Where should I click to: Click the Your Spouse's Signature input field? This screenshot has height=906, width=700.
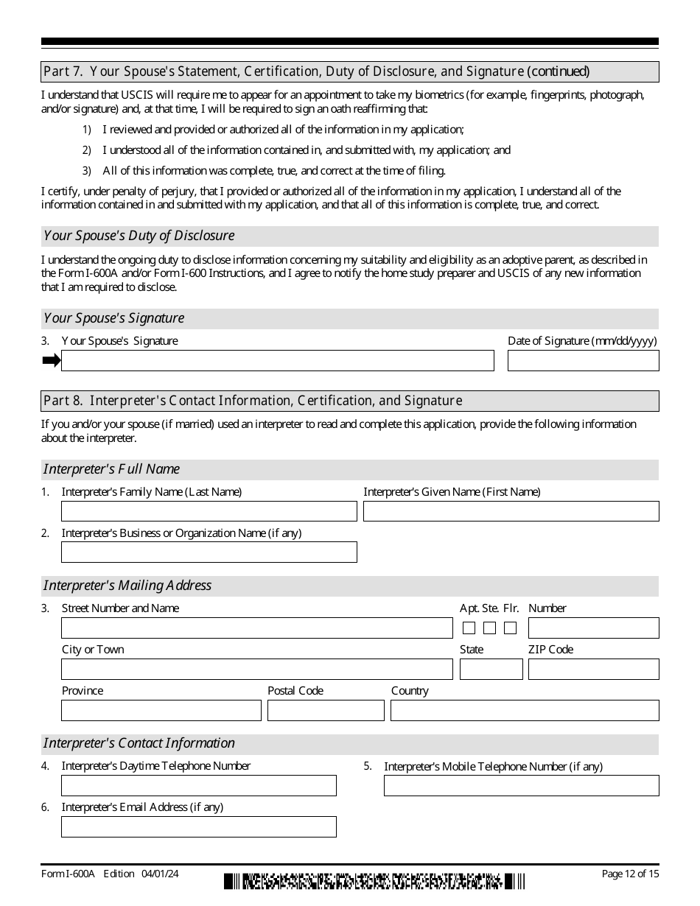pyautogui.click(x=277, y=360)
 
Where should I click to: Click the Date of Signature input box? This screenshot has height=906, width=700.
pyautogui.click(x=583, y=360)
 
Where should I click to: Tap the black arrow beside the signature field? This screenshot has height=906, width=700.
pyautogui.click(x=51, y=360)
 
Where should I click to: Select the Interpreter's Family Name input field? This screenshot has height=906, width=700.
pyautogui.click(x=209, y=511)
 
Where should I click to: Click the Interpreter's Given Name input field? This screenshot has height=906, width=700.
pyautogui.click(x=511, y=511)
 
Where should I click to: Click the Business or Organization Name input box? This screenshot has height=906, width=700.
pyautogui.click(x=209, y=552)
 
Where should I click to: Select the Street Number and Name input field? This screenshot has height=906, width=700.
pyautogui.click(x=256, y=628)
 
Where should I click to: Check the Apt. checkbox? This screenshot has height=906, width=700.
pyautogui.click(x=469, y=628)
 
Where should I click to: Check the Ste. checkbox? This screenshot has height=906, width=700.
pyautogui.click(x=489, y=628)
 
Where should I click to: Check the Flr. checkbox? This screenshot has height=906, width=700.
pyautogui.click(x=510, y=628)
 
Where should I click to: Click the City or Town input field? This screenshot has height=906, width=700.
pyautogui.click(x=256, y=669)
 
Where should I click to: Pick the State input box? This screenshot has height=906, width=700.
pyautogui.click(x=491, y=669)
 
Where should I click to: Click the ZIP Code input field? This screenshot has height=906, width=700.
pyautogui.click(x=593, y=669)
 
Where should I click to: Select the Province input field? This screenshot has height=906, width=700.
pyautogui.click(x=161, y=710)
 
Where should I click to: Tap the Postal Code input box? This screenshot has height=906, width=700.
pyautogui.click(x=326, y=710)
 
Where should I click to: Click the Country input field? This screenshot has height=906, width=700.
pyautogui.click(x=525, y=710)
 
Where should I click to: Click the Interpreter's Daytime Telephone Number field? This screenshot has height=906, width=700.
pyautogui.click(x=198, y=785)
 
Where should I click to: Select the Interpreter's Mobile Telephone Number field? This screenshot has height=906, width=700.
pyautogui.click(x=521, y=785)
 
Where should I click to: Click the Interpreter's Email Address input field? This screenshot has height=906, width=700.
pyautogui.click(x=198, y=826)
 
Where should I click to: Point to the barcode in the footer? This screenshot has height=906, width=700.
pyautogui.click(x=374, y=881)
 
